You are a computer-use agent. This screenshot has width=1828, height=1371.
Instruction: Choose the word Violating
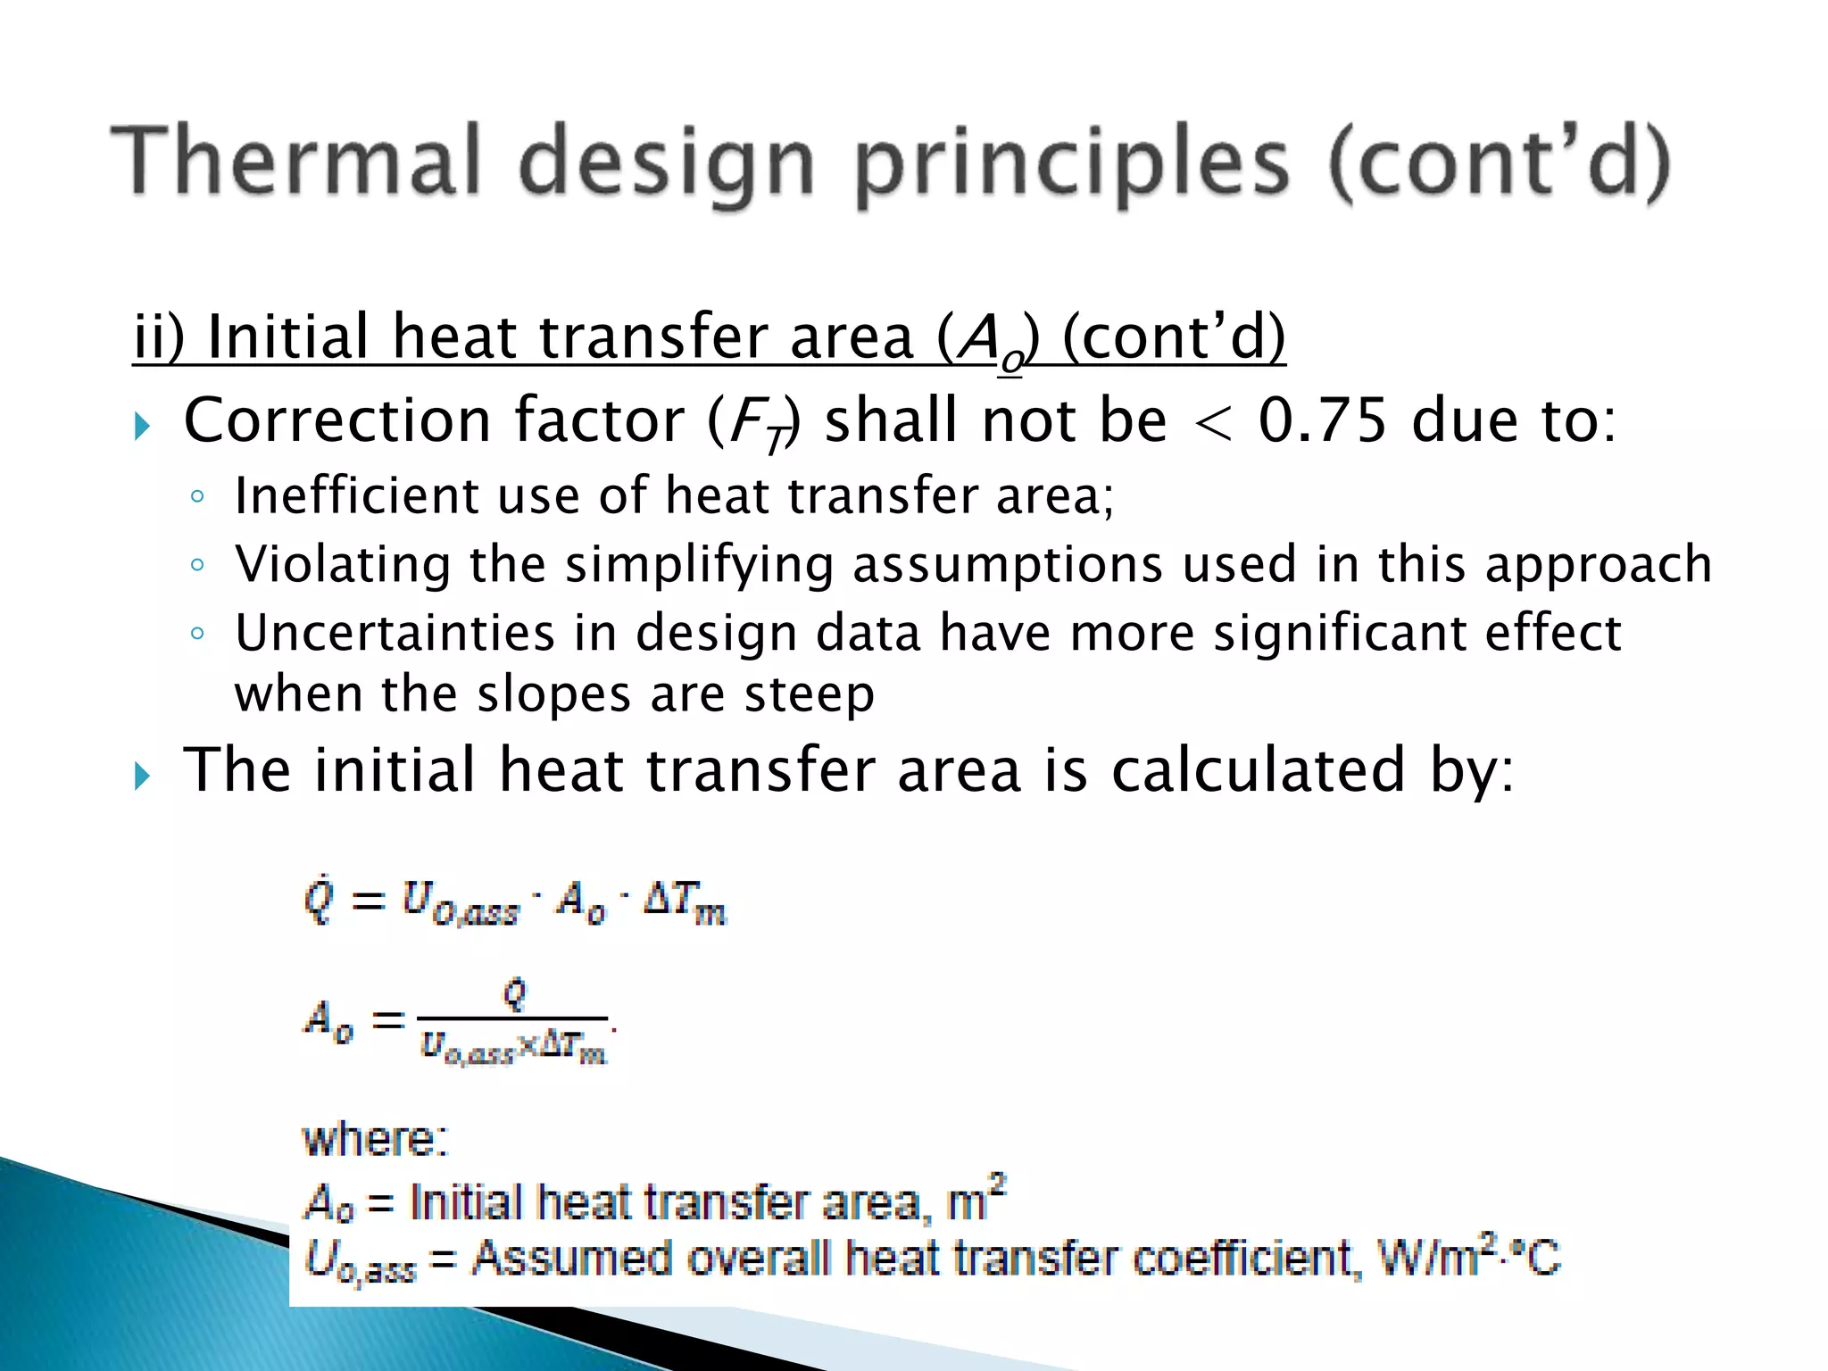point(343,565)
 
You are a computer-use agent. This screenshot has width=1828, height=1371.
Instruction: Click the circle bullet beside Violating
point(197,565)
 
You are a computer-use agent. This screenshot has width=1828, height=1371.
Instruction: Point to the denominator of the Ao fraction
point(513,1047)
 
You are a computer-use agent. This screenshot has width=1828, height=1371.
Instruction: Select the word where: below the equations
point(375,1140)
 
